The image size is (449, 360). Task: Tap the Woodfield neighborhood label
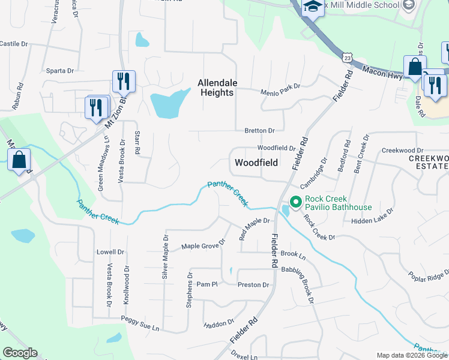[255, 163]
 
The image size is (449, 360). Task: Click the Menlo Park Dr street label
[280, 93]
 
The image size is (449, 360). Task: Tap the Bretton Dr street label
[259, 130]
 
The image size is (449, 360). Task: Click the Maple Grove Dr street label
[203, 245]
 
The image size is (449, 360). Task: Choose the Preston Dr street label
[253, 285]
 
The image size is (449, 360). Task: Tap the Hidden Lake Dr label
[372, 217]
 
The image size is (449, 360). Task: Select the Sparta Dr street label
[60, 71]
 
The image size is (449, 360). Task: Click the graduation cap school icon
[312, 7]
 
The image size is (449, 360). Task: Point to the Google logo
[20, 353]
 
